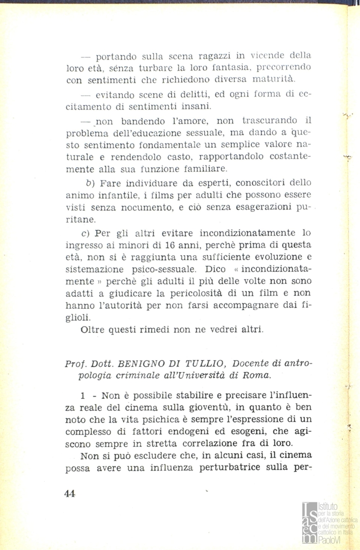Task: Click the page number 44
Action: coord(70,493)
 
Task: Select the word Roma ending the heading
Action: coord(259,376)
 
